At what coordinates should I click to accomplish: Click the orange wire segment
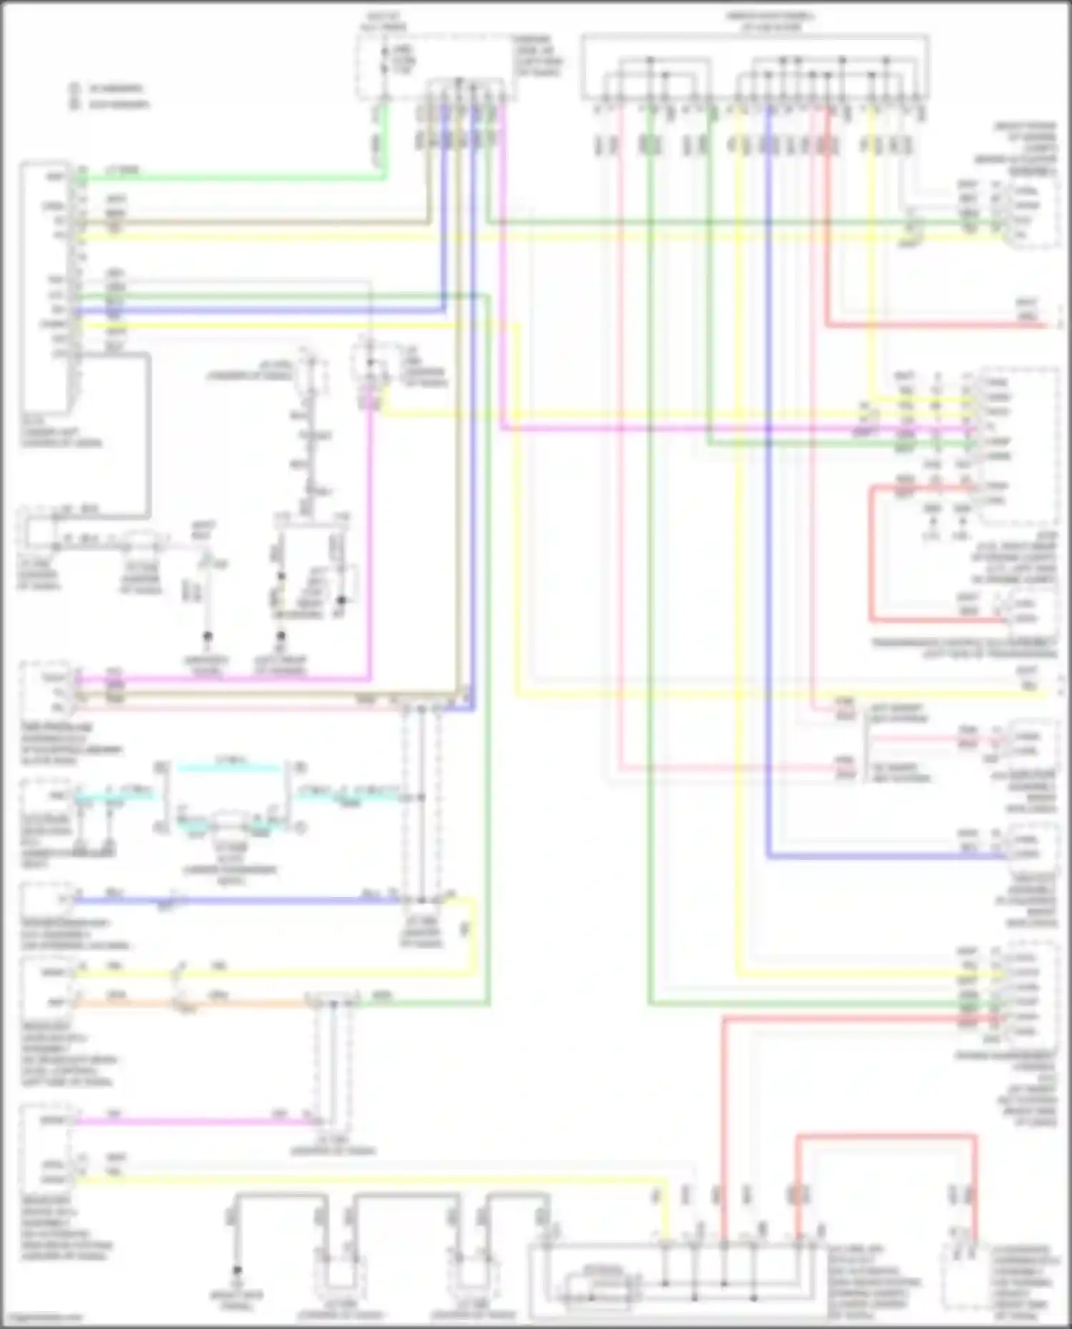(193, 1003)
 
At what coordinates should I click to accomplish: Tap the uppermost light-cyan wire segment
(229, 768)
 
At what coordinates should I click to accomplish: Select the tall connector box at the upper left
(46, 286)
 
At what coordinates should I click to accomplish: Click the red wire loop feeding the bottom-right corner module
(886, 1135)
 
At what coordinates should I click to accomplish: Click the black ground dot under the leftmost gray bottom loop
(237, 1271)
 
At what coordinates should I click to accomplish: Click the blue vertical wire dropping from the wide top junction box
(768, 500)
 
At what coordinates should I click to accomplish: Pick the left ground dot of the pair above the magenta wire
(208, 635)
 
